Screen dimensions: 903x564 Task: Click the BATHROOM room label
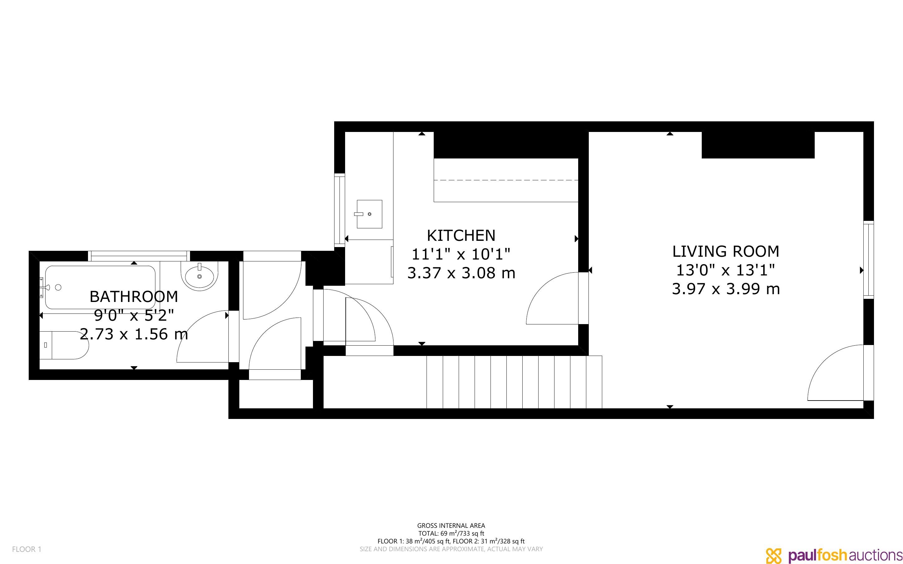coord(134,297)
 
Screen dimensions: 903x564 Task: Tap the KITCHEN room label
coord(461,236)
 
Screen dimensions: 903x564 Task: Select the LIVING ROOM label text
coord(726,251)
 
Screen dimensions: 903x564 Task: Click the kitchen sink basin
coord(369,214)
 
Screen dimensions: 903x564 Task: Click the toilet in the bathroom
coord(64,345)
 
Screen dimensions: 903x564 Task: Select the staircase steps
coord(514,382)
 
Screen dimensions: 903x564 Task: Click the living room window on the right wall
coord(869,260)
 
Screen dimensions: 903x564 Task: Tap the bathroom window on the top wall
coord(139,256)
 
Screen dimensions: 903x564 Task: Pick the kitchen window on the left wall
coord(339,209)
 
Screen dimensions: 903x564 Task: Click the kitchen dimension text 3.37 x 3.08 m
coord(461,273)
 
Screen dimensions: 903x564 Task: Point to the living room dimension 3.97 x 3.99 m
coord(726,289)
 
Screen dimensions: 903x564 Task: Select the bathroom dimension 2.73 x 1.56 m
coord(134,334)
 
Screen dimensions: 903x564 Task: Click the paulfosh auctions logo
coord(834,555)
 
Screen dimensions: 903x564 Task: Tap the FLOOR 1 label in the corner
coord(27,549)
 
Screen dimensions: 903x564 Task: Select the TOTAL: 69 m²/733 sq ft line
coord(451,533)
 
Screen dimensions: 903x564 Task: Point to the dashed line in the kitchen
coord(506,180)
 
